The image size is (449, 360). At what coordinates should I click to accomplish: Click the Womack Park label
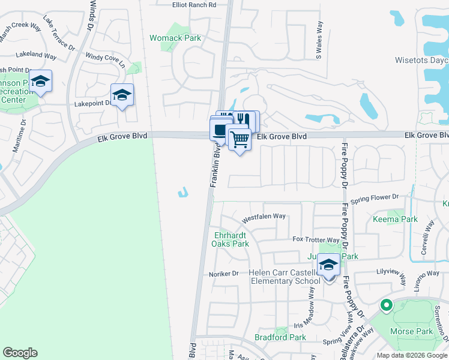(x=175, y=38)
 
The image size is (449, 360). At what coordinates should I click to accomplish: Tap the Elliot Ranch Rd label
(x=194, y=5)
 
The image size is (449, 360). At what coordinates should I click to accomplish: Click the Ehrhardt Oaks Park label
(x=231, y=239)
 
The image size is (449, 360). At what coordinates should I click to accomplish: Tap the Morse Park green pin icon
(x=386, y=305)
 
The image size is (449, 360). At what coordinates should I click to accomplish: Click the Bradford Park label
(x=280, y=337)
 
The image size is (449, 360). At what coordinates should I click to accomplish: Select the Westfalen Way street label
(x=264, y=216)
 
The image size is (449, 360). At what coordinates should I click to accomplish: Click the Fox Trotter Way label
(x=316, y=240)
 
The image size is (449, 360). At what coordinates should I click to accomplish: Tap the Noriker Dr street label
(x=224, y=274)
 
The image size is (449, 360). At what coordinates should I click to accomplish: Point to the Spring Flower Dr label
(x=375, y=197)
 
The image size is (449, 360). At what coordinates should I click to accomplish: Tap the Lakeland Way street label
(x=37, y=55)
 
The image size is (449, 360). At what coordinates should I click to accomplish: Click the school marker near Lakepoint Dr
(x=122, y=95)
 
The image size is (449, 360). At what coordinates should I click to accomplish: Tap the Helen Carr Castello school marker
(x=328, y=266)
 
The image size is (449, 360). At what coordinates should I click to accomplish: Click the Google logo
(x=20, y=353)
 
